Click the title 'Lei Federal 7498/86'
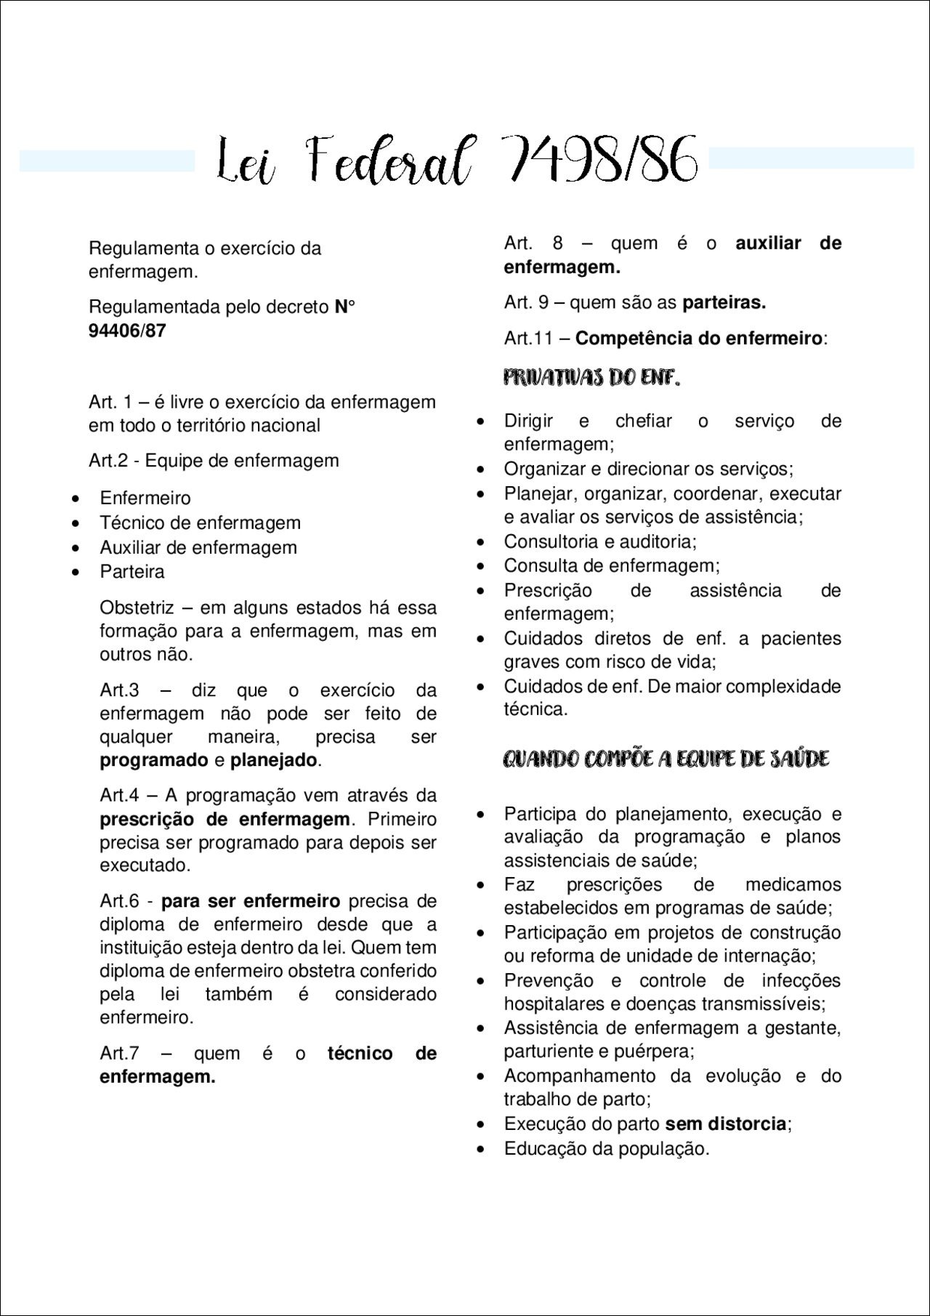click(458, 160)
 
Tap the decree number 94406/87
click(127, 331)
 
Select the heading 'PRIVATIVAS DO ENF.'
click(591, 378)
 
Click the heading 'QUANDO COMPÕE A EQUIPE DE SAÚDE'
click(666, 759)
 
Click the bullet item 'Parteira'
click(132, 572)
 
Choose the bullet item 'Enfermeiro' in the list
click(145, 498)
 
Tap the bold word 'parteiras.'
click(724, 302)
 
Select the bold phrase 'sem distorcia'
click(725, 1124)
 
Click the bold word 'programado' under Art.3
click(153, 760)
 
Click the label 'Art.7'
click(119, 1053)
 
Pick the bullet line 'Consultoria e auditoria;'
click(600, 541)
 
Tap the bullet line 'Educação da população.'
click(607, 1149)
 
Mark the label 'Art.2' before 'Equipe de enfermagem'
click(108, 461)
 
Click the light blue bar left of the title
click(107, 161)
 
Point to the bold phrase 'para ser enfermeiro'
click(250, 901)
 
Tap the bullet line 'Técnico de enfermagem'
click(200, 522)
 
